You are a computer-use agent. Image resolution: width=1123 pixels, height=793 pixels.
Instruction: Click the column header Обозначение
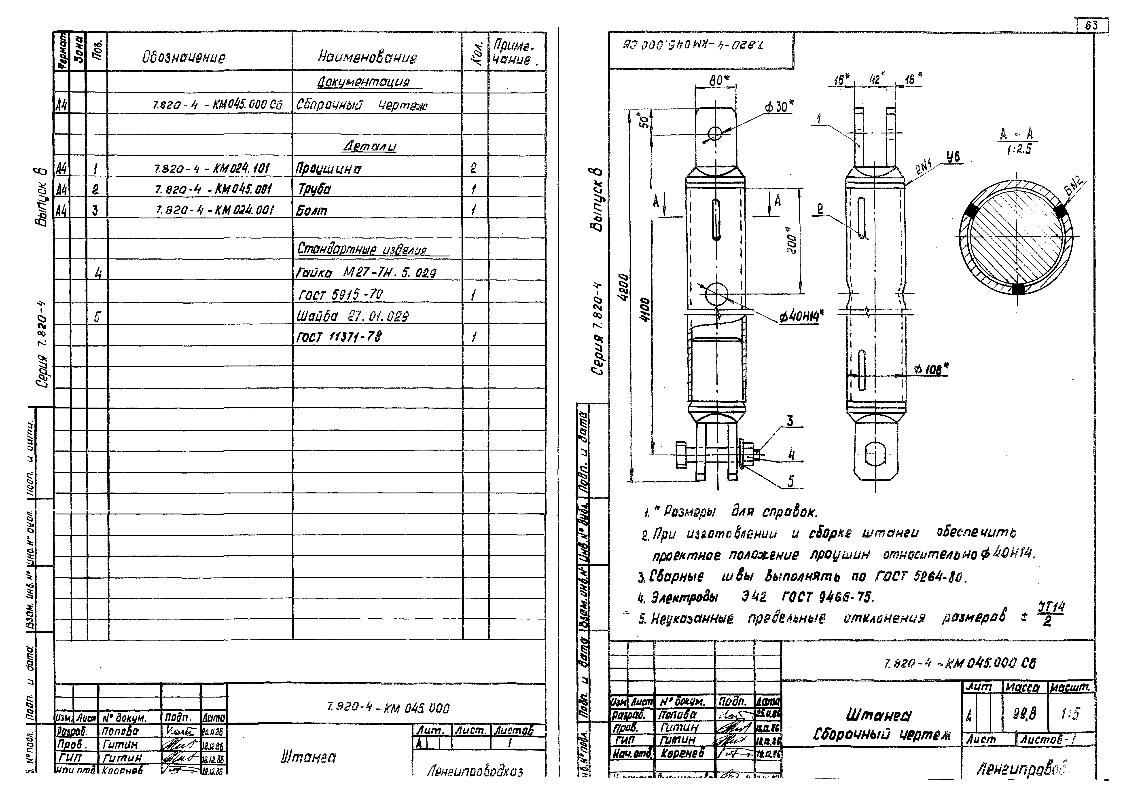coord(184,58)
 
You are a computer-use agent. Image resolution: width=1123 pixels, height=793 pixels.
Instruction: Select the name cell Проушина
coord(329,169)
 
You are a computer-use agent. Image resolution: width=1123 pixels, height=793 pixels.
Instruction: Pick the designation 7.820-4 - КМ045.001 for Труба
coord(213,189)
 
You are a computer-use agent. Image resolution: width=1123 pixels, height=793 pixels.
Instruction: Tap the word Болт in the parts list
coord(312,211)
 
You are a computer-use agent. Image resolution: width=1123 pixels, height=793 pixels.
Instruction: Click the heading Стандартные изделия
coord(362,250)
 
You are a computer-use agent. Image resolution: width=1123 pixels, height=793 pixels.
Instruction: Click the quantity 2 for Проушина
coord(473,169)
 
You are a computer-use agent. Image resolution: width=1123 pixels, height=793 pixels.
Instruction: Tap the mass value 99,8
coord(1024,715)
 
